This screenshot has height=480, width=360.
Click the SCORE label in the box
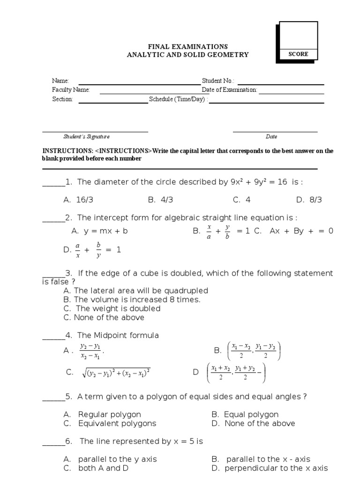[x=298, y=54]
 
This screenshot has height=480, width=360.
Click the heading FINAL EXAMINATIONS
[x=188, y=46]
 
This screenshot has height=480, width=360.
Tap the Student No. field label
[x=218, y=81]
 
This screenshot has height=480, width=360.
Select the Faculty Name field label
[x=71, y=90]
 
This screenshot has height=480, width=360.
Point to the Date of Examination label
[x=229, y=90]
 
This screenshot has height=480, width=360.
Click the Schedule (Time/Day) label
[x=178, y=99]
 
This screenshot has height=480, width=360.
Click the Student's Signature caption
[x=86, y=137]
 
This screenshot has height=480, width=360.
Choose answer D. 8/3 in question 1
[x=309, y=200]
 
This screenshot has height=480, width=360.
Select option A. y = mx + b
[x=99, y=231]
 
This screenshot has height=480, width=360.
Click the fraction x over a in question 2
[x=209, y=232]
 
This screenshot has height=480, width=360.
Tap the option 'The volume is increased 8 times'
[x=131, y=300]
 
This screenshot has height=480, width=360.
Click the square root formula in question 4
[x=115, y=373]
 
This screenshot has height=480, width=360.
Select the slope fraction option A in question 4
[x=90, y=350]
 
